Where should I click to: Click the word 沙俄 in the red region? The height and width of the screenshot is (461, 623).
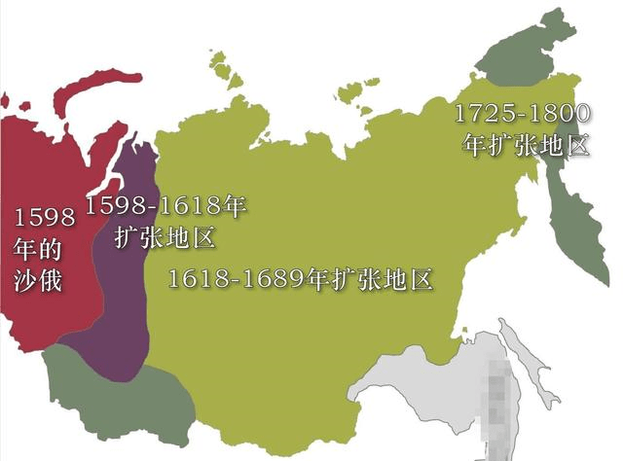tap(38, 280)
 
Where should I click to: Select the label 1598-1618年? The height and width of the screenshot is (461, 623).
tap(165, 206)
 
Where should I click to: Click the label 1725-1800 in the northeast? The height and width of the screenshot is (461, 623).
tap(523, 114)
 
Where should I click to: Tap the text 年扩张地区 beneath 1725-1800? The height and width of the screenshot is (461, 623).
tap(526, 147)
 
